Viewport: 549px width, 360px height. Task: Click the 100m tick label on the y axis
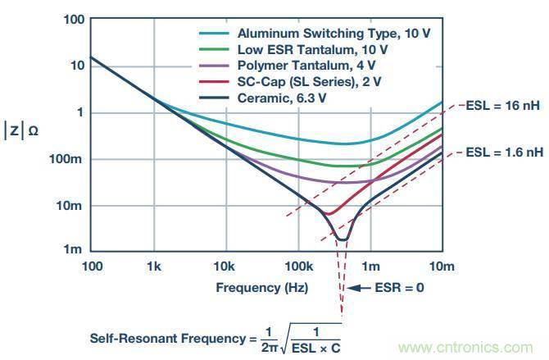pyautogui.click(x=68, y=159)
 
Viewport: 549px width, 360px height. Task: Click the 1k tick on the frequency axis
pyautogui.click(x=152, y=267)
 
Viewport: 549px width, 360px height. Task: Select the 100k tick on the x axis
pyautogui.click(x=298, y=267)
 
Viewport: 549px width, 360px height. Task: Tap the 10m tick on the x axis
pyautogui.click(x=442, y=267)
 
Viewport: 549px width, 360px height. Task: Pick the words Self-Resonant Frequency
pyautogui.click(x=157, y=337)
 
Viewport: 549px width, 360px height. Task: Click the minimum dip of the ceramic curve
pyautogui.click(x=343, y=239)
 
